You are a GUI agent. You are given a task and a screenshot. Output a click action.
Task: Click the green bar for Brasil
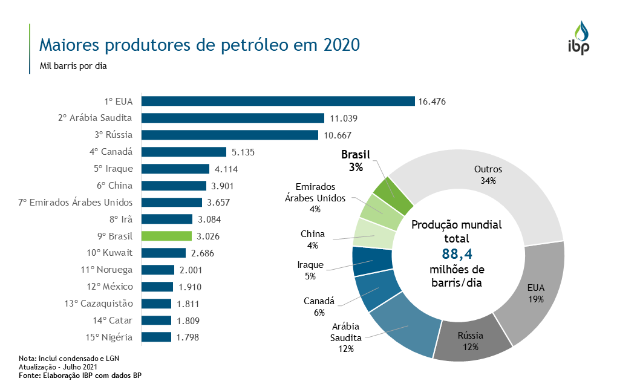[x=166, y=236]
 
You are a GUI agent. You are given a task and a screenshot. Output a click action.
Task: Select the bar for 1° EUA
[x=278, y=102]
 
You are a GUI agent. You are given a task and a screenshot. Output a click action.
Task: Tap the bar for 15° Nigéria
[x=156, y=337]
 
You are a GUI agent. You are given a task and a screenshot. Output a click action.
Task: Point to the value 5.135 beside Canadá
[x=243, y=152]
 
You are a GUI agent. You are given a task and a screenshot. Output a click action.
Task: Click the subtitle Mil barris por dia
[x=73, y=66]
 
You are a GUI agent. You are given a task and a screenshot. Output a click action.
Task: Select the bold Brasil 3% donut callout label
[x=355, y=161]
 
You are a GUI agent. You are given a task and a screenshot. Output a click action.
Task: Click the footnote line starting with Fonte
[x=85, y=376]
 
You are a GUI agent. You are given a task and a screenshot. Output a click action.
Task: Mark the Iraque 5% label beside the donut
[x=311, y=270]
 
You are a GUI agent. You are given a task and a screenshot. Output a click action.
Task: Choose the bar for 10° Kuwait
[x=163, y=253]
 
